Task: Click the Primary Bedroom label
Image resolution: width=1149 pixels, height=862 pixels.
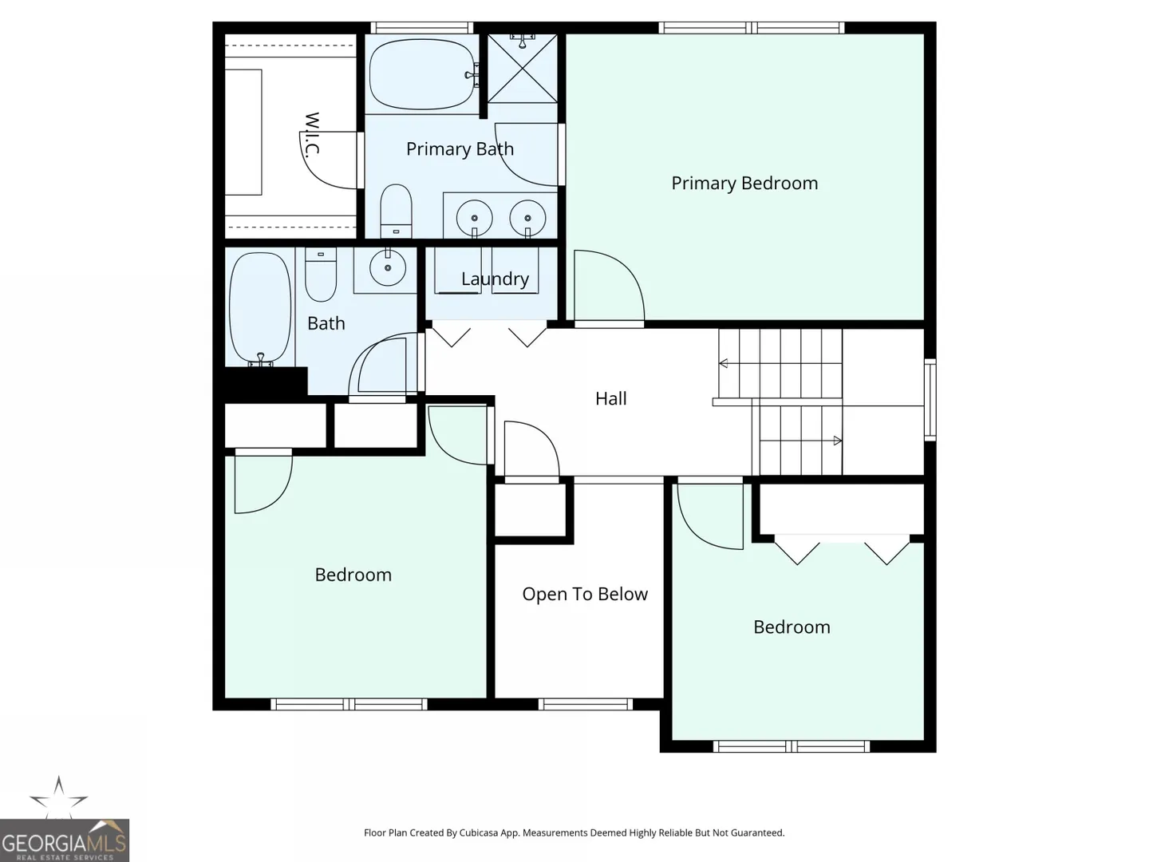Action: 744,184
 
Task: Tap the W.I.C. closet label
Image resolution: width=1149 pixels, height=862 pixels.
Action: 311,135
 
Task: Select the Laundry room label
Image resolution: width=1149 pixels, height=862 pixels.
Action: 495,279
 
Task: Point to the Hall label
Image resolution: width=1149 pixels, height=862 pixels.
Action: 611,398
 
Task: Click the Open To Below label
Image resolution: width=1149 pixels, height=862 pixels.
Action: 585,594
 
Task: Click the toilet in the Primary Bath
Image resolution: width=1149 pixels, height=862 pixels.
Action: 396,211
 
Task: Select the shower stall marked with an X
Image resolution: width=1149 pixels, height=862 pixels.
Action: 523,68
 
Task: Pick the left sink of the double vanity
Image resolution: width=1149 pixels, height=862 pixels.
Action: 474,218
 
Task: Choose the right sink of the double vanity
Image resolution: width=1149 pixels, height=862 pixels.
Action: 527,218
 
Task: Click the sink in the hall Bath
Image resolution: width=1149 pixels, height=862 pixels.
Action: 387,267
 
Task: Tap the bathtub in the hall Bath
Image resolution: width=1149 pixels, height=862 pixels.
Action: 259,309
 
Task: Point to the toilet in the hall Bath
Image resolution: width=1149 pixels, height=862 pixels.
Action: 321,274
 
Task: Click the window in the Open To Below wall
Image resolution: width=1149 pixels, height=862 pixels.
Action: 585,705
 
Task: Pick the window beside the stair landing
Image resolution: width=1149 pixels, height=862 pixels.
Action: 930,400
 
